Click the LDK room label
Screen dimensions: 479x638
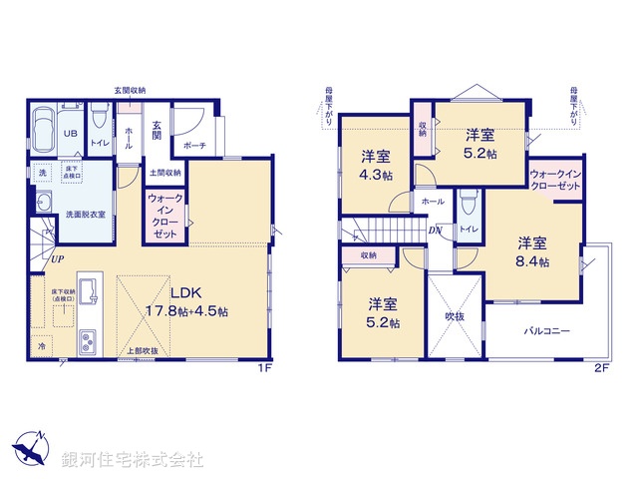[186, 293]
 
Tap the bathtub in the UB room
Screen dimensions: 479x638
[43, 129]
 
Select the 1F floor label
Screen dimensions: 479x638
[265, 367]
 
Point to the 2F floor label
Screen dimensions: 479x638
[601, 367]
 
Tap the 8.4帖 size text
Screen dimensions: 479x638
[532, 261]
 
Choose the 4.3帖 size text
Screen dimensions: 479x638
[376, 175]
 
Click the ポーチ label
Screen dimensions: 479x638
[195, 146]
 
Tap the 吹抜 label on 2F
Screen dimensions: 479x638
[455, 316]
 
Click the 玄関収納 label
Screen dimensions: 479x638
[130, 90]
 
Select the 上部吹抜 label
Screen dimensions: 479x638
[142, 351]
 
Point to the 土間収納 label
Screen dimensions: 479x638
[164, 172]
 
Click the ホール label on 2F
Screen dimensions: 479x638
[433, 201]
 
